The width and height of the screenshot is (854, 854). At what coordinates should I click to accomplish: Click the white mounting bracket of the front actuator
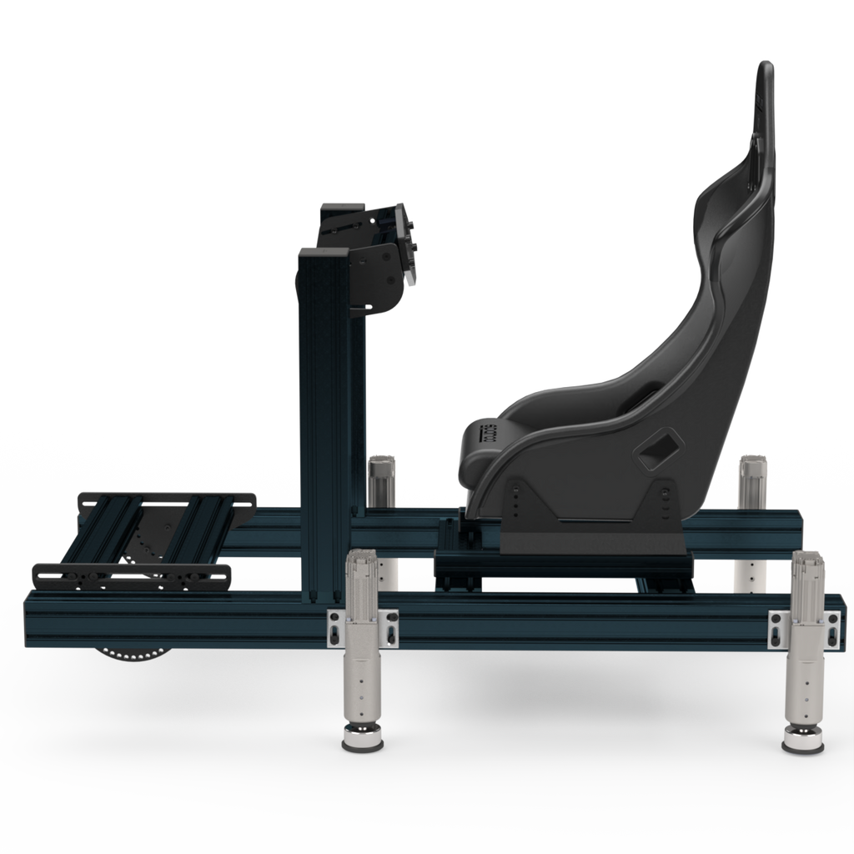tap(361, 627)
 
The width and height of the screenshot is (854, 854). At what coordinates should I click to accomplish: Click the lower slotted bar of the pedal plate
tap(130, 575)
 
